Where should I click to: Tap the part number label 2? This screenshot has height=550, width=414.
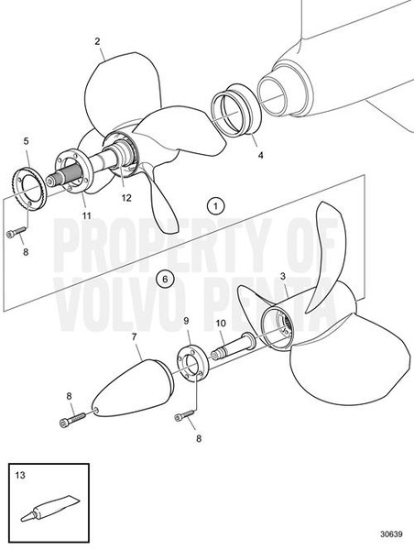pos(97,41)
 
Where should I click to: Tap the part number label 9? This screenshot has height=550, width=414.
pos(186,321)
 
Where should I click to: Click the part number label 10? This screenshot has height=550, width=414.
pos(220,324)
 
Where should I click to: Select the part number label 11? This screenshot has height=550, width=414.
pos(84,216)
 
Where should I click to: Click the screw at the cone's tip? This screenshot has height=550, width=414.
pos(77,415)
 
